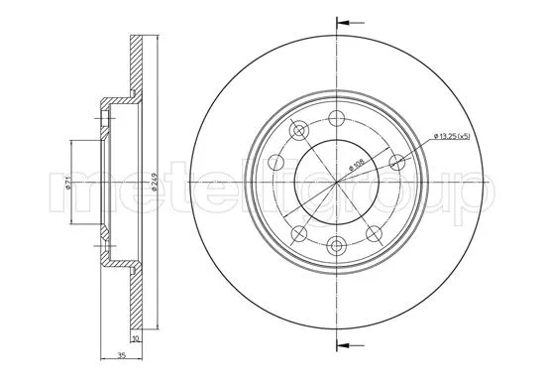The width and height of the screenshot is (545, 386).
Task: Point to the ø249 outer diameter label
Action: point(155,185)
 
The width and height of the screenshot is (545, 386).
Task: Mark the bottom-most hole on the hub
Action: point(337,248)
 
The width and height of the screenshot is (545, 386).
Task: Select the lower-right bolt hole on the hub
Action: point(375,232)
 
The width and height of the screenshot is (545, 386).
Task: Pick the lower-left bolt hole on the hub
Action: point(298,232)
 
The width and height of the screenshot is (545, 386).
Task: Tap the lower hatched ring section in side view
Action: point(138,298)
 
